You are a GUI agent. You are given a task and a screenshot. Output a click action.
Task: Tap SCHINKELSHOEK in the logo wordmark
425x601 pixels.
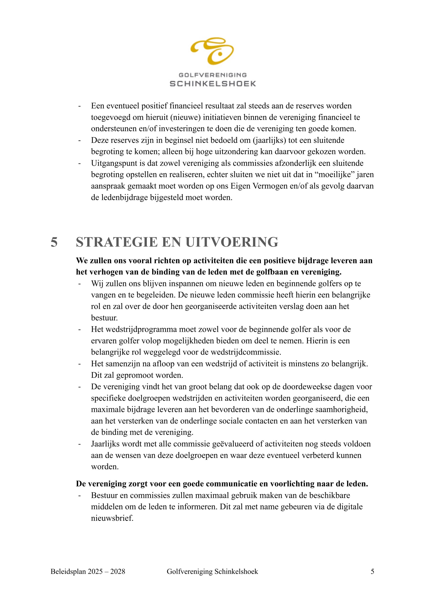point(213,84)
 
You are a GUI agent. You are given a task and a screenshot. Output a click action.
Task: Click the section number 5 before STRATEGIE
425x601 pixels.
point(54,242)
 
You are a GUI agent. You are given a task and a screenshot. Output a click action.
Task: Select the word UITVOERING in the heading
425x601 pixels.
point(232,242)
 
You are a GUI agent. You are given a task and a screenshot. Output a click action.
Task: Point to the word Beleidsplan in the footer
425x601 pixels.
point(68,571)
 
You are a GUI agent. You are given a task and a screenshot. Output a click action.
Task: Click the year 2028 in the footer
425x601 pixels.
point(118,571)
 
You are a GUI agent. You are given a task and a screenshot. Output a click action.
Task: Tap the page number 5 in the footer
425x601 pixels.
point(372,571)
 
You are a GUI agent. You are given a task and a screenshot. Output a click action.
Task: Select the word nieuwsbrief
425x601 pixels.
point(112,518)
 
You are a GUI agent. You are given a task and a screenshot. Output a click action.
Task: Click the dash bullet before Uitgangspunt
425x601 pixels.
point(80,163)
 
